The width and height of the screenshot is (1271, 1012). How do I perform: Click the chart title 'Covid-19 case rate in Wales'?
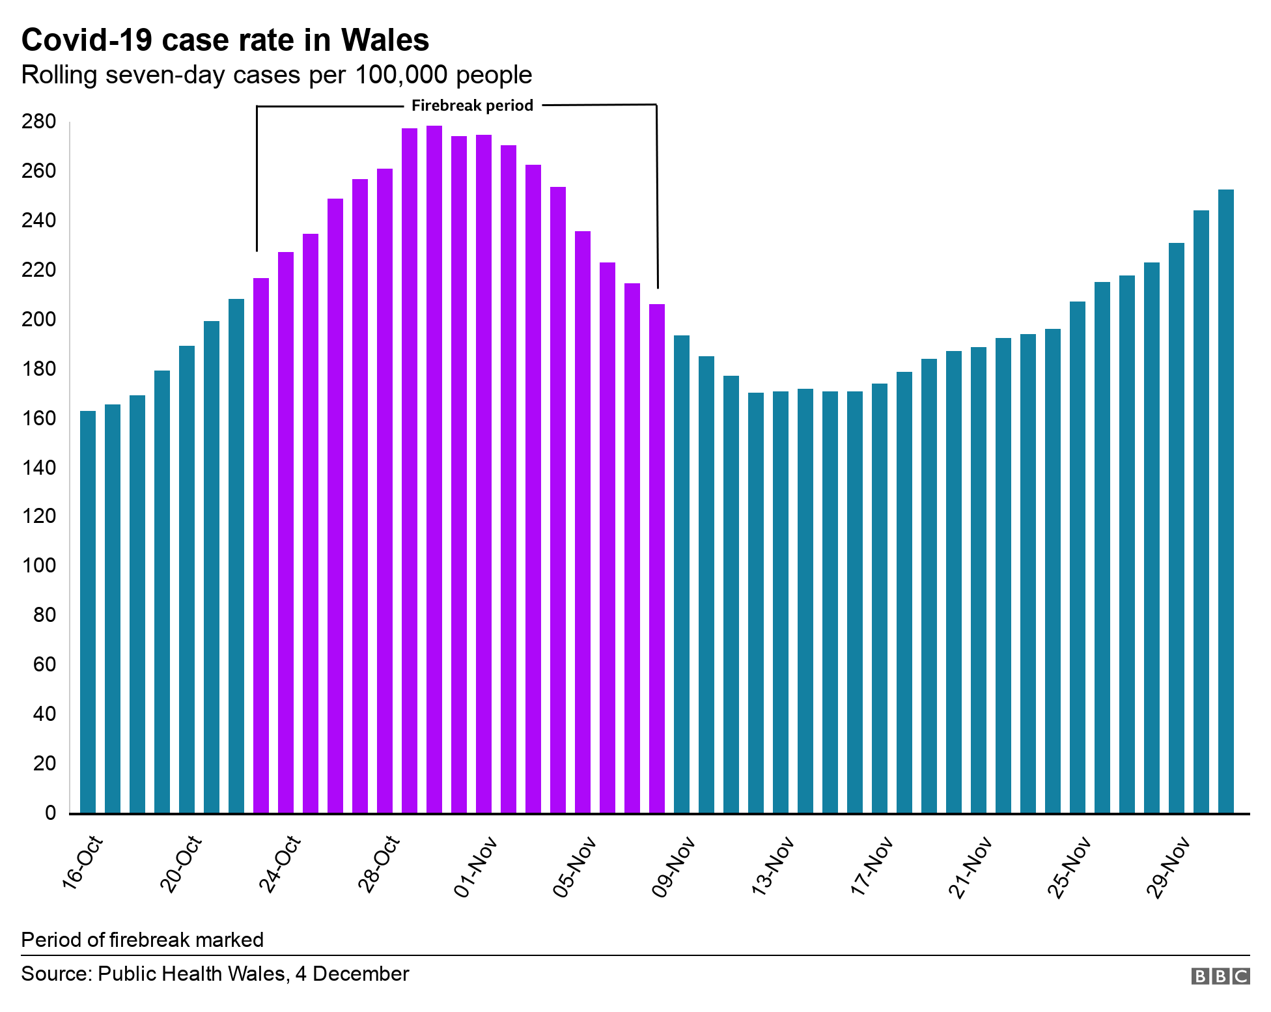(225, 40)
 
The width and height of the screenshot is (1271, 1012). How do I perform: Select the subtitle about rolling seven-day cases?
(276, 75)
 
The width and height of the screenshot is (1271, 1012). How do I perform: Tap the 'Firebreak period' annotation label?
(472, 105)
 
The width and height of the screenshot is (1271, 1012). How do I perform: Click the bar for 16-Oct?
(88, 612)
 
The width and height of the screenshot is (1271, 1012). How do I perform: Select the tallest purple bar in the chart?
(434, 469)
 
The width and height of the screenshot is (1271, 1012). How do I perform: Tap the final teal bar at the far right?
(1226, 501)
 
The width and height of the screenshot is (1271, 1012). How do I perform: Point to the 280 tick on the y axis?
(39, 122)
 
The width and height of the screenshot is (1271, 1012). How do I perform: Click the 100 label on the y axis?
(39, 565)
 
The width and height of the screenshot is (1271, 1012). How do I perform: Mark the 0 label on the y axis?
(50, 813)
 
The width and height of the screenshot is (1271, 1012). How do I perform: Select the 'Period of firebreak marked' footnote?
(142, 940)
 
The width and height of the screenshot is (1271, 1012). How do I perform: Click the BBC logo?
(1220, 976)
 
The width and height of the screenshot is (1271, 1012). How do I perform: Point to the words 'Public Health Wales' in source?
(191, 974)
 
